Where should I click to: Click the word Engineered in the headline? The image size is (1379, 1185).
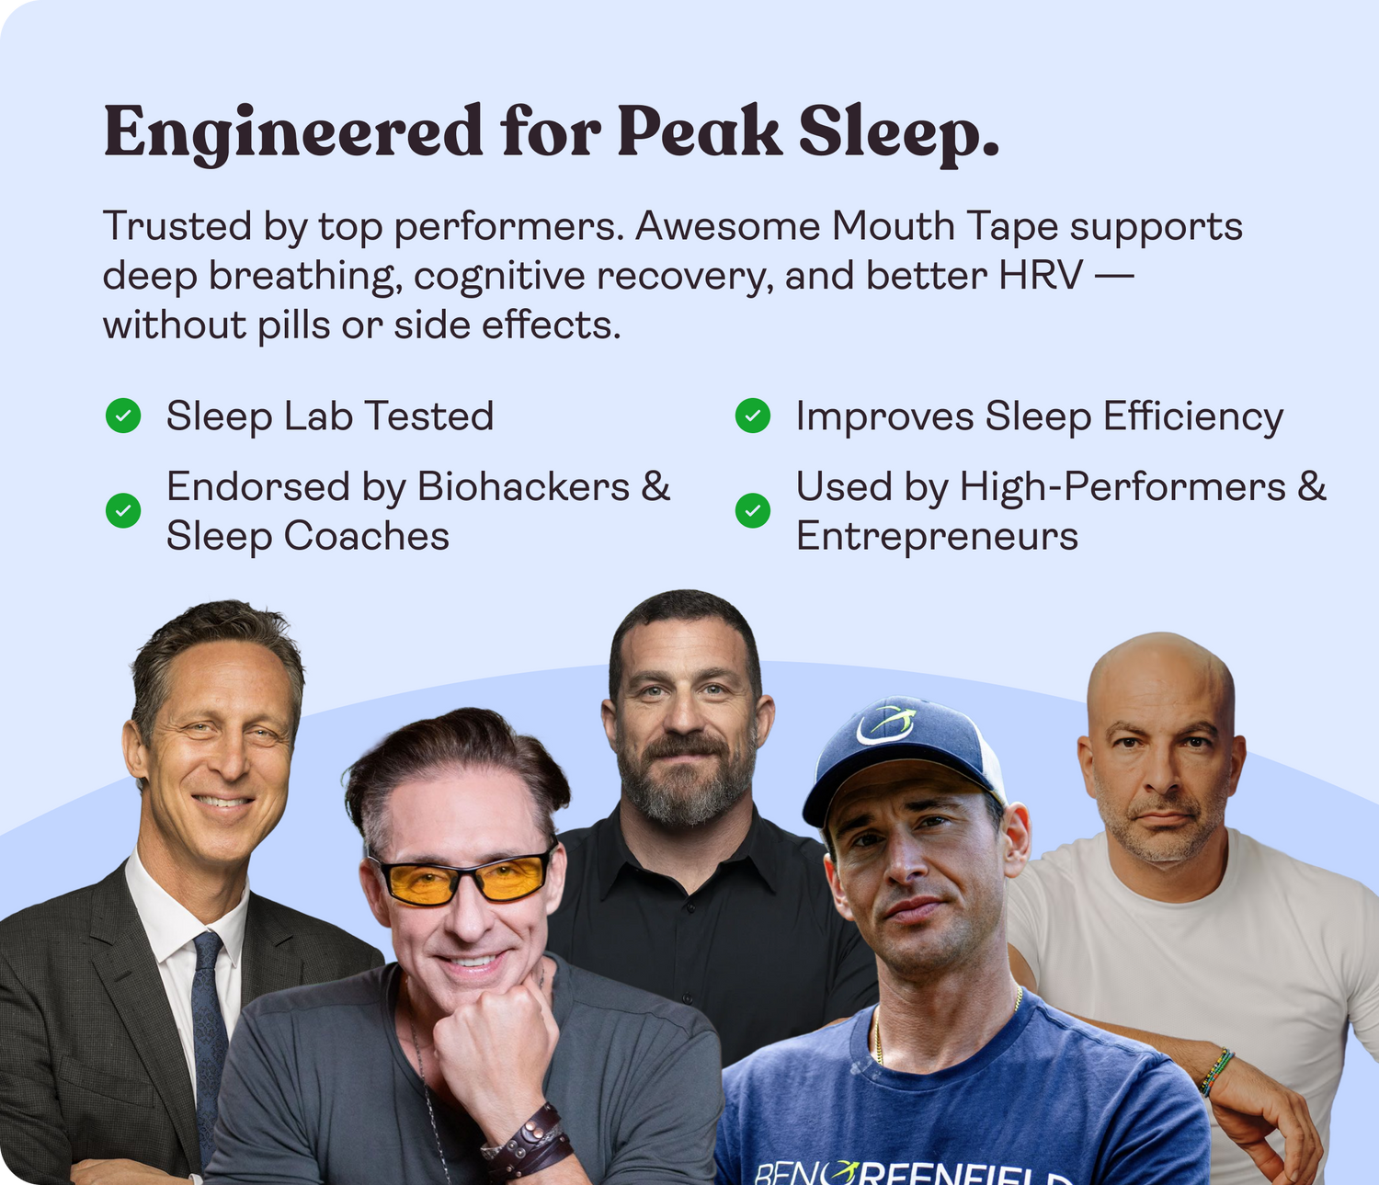point(293,132)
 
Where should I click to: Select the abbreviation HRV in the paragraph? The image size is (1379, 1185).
point(1041,275)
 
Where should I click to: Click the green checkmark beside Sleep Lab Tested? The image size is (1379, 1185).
point(123,416)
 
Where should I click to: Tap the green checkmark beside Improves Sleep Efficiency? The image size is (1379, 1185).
point(753,416)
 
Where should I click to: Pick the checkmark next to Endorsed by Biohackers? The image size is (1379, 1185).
point(123,510)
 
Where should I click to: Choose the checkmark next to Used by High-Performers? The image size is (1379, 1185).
point(753,510)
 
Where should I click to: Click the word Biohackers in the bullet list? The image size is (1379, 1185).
point(523,485)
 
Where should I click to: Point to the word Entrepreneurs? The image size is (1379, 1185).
point(937,536)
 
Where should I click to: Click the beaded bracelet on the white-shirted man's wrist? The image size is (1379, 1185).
point(1217,1072)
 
